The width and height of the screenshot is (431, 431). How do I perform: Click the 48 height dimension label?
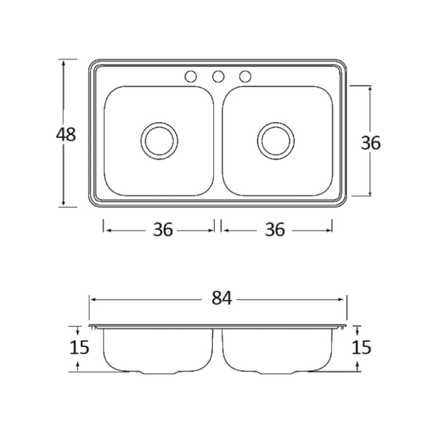point(66,135)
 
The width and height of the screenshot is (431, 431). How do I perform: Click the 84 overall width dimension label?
point(222,298)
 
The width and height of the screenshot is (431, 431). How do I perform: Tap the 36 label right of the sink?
point(370,143)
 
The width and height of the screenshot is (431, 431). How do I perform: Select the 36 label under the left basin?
point(163,230)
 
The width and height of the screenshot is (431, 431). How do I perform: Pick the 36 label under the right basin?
point(275,230)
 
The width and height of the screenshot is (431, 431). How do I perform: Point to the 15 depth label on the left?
point(80,347)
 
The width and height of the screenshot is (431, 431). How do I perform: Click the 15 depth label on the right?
point(361,347)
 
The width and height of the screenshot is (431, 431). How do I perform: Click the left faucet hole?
point(190,77)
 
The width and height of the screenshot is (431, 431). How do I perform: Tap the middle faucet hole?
point(218,77)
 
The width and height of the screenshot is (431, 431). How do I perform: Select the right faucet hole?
point(245,77)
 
